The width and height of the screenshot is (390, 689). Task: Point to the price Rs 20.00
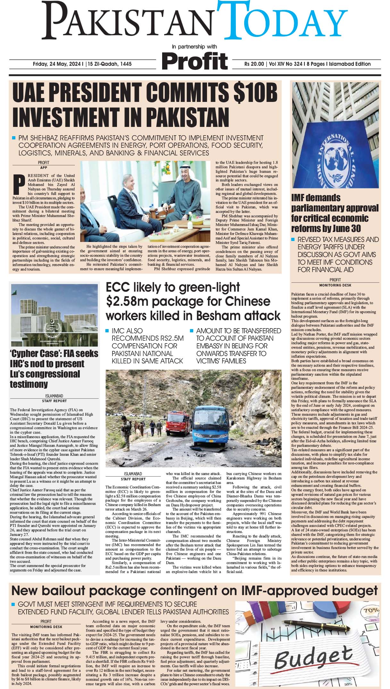tap(254, 64)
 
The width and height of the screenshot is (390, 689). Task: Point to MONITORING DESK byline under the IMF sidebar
tap(335, 285)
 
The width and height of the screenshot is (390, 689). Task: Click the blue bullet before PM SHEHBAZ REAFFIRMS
tap(14, 138)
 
